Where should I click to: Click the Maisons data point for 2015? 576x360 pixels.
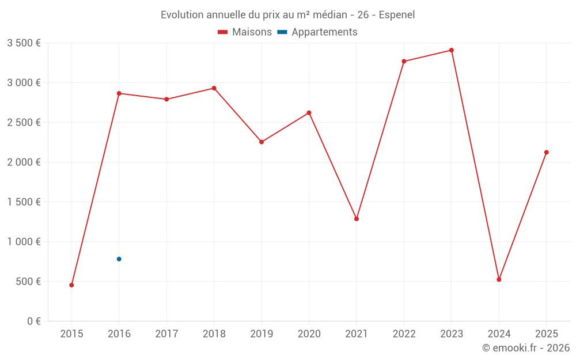click(x=71, y=285)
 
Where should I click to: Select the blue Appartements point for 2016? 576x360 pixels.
click(x=119, y=259)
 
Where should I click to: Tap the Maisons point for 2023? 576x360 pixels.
click(x=452, y=50)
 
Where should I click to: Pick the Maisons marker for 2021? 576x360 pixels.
click(x=357, y=219)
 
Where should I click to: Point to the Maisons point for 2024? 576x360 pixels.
click(x=499, y=279)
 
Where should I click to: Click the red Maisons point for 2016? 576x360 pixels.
click(x=119, y=93)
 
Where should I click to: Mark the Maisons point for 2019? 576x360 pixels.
click(x=262, y=142)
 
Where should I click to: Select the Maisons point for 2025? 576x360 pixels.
click(x=547, y=152)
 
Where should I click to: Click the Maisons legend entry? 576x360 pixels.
click(x=245, y=32)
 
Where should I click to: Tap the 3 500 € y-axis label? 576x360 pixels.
click(x=24, y=43)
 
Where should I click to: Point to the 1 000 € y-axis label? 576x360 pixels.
click(x=24, y=242)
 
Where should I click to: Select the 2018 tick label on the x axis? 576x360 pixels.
click(x=214, y=334)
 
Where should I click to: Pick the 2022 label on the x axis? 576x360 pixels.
click(x=404, y=334)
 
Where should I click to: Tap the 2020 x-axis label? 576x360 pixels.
click(x=309, y=334)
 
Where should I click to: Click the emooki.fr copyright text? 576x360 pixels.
click(x=526, y=348)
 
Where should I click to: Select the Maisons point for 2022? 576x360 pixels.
click(x=404, y=61)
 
